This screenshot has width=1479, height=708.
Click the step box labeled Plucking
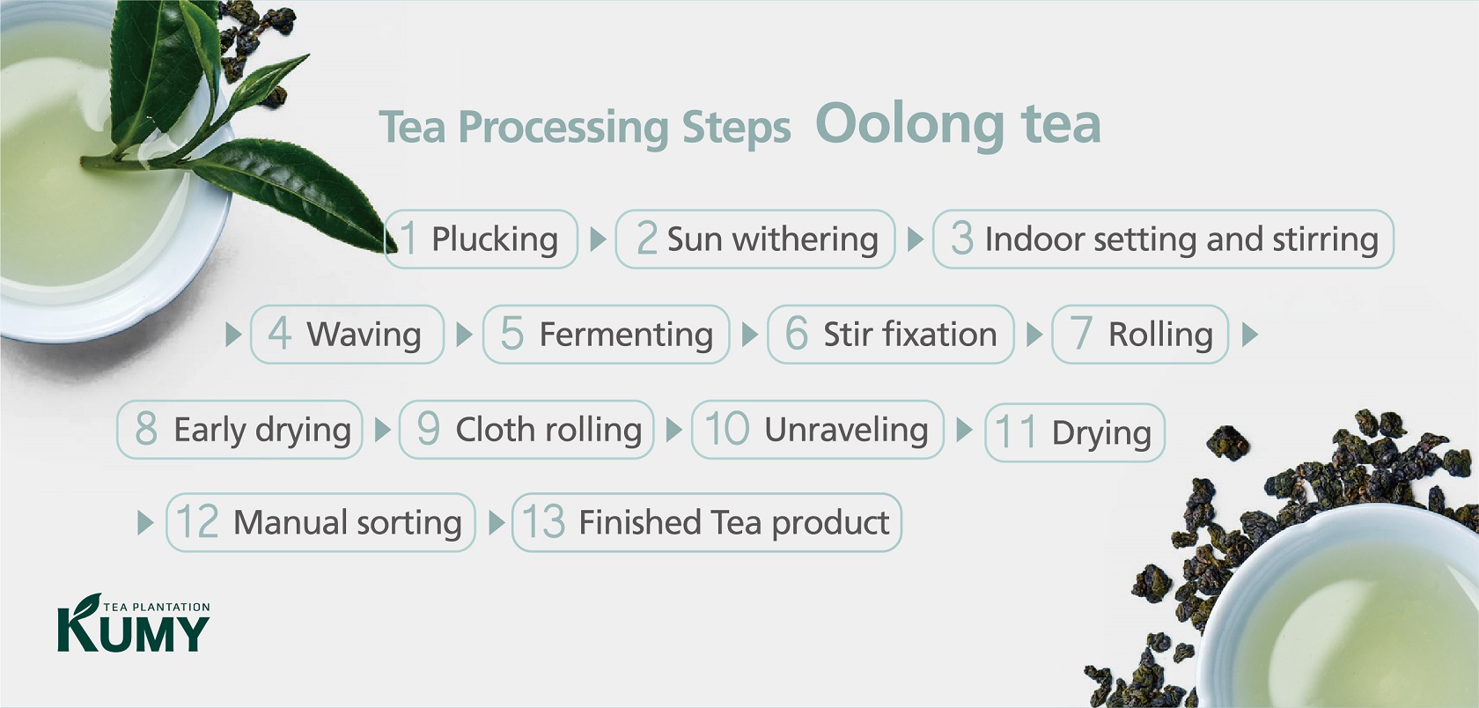point(482,240)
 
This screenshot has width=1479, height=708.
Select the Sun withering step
point(755,240)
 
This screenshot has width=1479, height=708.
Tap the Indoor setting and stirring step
point(1163,240)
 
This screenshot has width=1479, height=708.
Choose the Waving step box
point(347,335)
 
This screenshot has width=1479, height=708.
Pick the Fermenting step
point(606,335)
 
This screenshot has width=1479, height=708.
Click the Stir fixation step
point(891,335)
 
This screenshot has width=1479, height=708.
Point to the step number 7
point(1080,333)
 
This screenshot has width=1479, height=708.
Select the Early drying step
point(239,430)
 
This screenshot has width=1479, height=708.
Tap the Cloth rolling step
point(526,430)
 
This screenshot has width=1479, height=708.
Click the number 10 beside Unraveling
point(726,429)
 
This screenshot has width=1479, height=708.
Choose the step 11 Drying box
point(1074,432)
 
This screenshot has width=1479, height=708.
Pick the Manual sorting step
point(320,522)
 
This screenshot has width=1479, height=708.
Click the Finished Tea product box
point(706,522)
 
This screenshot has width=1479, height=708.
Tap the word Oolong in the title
point(910,123)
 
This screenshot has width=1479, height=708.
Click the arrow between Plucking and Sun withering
point(598,240)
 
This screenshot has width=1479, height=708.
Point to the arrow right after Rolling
point(1250,335)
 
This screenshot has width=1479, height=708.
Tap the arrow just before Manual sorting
point(145,522)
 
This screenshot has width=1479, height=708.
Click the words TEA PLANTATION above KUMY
point(157,607)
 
